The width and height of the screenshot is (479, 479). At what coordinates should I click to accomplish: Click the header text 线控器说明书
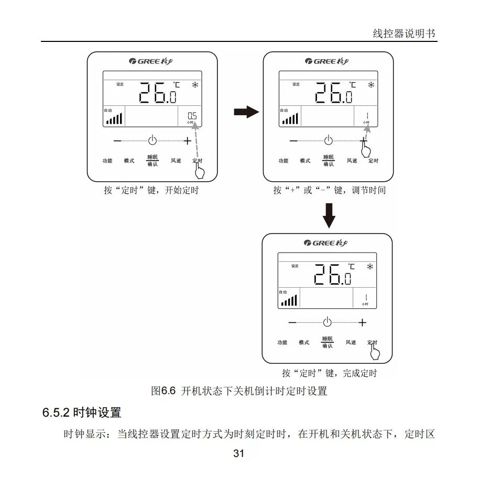click(x=404, y=34)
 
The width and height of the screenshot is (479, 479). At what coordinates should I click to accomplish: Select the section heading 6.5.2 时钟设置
click(x=82, y=412)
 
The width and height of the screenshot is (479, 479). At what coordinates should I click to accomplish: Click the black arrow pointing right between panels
click(x=246, y=112)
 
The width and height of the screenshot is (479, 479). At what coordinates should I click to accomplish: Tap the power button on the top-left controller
click(x=152, y=140)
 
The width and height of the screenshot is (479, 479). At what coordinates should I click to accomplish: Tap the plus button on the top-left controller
click(x=187, y=140)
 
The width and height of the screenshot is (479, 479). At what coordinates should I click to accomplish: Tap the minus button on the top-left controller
click(x=117, y=140)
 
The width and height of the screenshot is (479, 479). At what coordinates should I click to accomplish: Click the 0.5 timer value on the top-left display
click(x=192, y=116)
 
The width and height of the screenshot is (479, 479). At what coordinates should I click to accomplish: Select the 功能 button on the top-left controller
click(x=107, y=161)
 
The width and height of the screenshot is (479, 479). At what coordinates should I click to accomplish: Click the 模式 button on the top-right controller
click(x=305, y=161)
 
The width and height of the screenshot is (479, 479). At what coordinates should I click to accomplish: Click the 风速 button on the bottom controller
click(x=351, y=343)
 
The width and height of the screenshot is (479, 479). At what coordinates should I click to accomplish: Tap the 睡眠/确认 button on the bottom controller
click(x=327, y=343)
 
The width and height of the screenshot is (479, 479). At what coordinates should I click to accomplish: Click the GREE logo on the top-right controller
click(x=329, y=61)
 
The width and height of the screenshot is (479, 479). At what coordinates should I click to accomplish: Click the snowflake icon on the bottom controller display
click(x=370, y=267)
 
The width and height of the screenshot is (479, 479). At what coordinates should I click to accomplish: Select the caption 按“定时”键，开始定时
click(x=151, y=190)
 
